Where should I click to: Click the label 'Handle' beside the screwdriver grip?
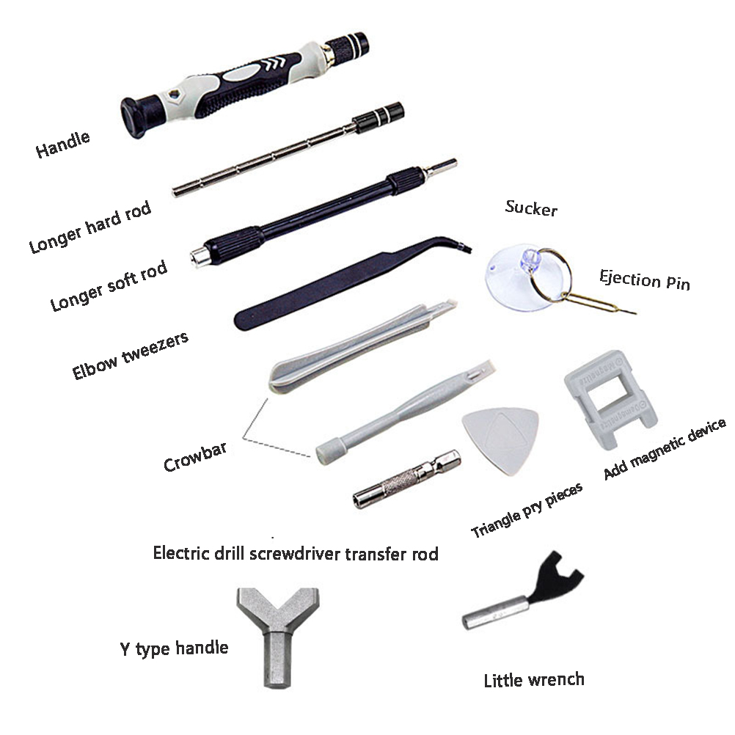click(x=62, y=145)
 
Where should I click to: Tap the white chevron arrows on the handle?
click(x=274, y=63)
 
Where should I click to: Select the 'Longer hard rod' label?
click(x=90, y=227)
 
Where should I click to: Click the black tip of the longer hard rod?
click(x=378, y=117)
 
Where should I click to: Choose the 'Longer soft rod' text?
click(x=109, y=285)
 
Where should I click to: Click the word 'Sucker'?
click(x=531, y=208)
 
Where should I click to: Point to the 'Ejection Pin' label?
click(x=645, y=280)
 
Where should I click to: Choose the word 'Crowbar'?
click(x=195, y=457)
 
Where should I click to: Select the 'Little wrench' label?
click(x=534, y=680)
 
